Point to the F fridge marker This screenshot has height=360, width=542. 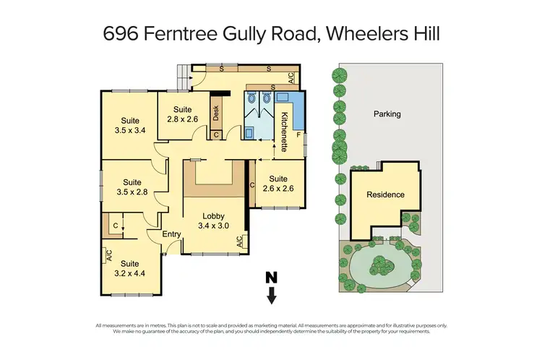point(298,134)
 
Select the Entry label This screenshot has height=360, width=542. point(171,233)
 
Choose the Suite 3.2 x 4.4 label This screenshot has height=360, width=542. point(130,268)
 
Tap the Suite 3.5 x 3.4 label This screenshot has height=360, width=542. point(131,126)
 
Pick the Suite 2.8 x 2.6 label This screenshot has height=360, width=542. point(182,114)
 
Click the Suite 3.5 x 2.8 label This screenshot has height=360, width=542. point(131,187)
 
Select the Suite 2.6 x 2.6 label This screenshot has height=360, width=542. point(278,184)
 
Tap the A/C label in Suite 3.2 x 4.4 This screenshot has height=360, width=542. point(109,255)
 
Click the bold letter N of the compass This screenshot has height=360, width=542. point(271,277)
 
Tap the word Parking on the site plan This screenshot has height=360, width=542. point(387,113)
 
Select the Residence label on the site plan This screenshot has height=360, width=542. point(385,194)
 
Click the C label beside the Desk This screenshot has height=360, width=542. point(215,134)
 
